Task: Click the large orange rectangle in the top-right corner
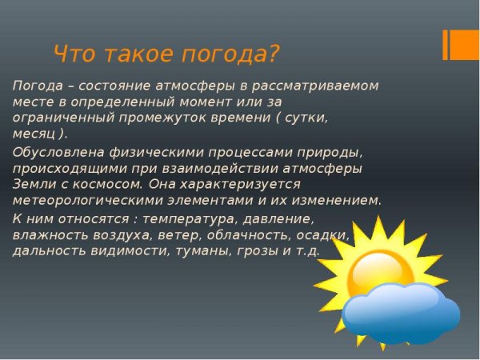pyautogui.click(x=465, y=44)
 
